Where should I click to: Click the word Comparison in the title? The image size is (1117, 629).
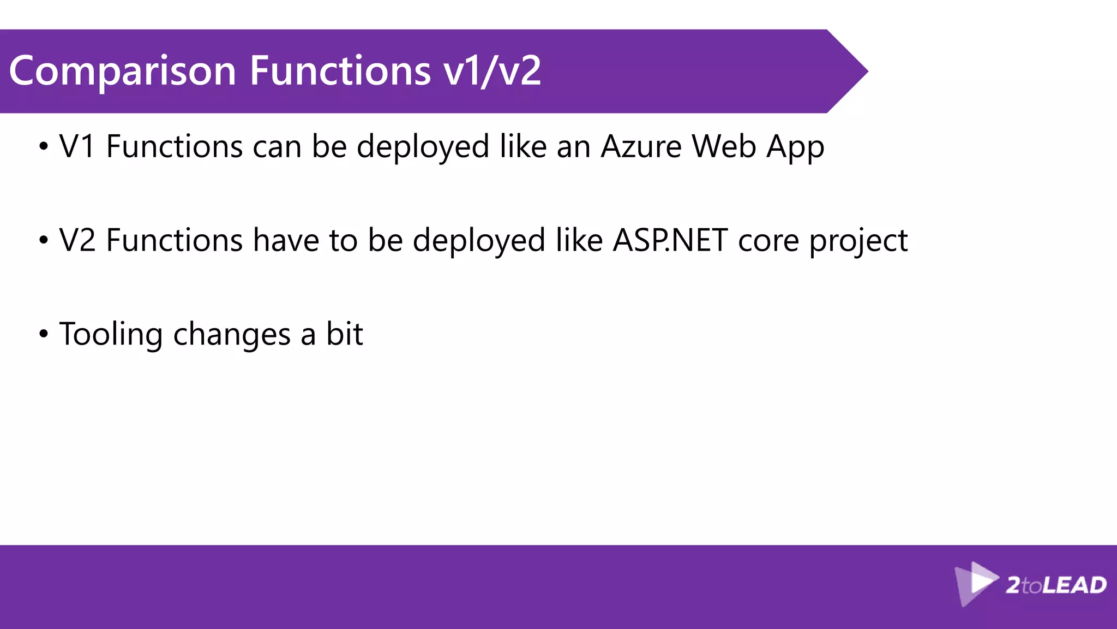tap(123, 72)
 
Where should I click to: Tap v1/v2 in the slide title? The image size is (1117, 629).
tap(492, 72)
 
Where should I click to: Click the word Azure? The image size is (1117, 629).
tap(641, 147)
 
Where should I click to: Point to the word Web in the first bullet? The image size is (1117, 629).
tap(724, 147)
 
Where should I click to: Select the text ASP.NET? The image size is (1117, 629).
tap(670, 241)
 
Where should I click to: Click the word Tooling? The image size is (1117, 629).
tap(111, 335)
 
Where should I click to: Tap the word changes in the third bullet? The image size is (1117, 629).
tap(232, 335)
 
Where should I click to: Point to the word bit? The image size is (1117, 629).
tap(344, 334)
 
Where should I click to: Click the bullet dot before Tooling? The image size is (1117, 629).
tap(44, 334)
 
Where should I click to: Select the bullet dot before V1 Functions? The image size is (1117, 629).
tap(44, 146)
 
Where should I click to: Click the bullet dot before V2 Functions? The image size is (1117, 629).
tap(44, 240)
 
